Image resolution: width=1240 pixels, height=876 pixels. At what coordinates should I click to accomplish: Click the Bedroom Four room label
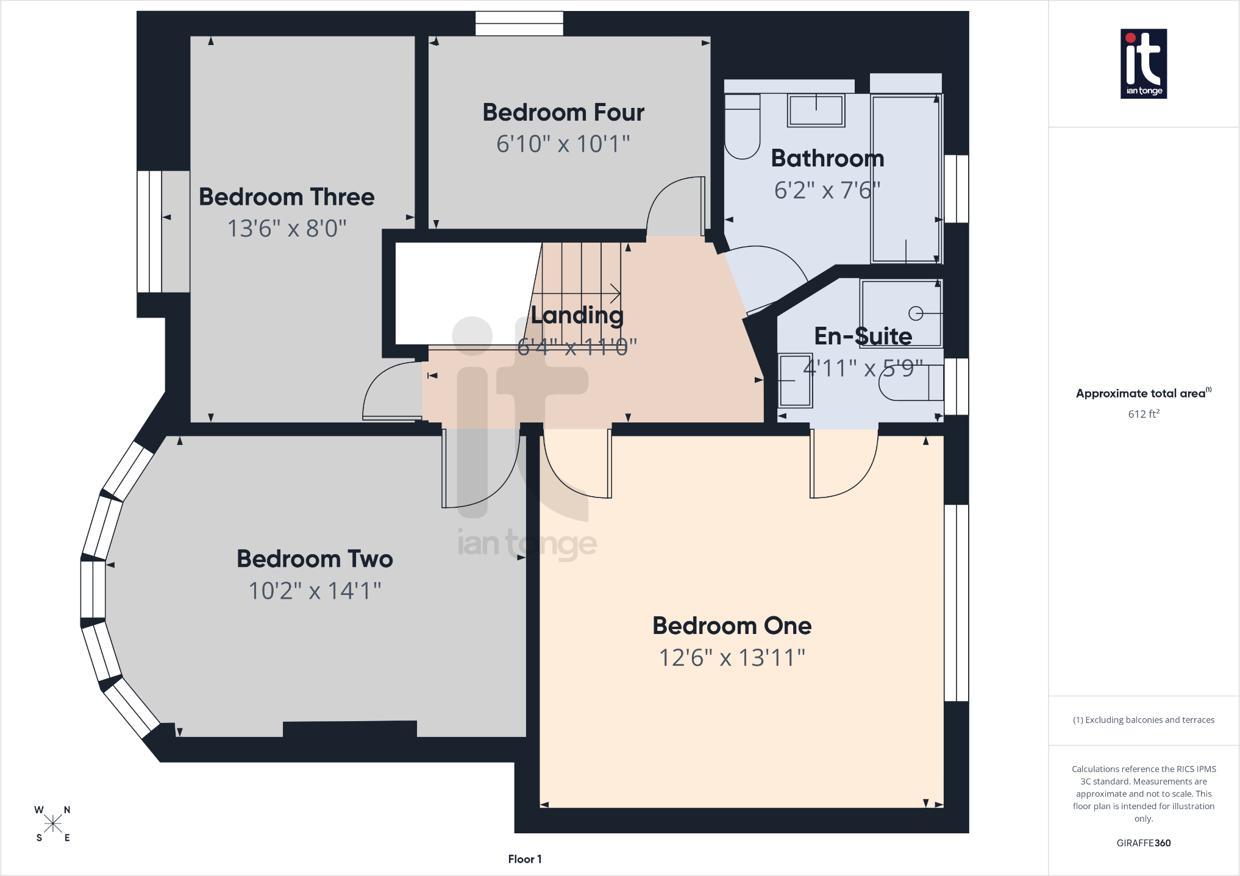563,113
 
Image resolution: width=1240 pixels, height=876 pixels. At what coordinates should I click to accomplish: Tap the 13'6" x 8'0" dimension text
287,229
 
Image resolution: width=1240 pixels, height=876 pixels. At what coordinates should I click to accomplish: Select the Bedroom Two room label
315,559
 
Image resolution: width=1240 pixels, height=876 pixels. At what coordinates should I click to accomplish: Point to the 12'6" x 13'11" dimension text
732,658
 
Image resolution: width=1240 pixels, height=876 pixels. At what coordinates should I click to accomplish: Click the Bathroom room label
827,158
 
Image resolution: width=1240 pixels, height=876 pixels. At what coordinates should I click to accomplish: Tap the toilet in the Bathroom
742,126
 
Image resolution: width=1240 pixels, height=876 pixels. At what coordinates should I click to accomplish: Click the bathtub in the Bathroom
906,179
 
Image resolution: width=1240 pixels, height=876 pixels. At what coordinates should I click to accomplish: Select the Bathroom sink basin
816,110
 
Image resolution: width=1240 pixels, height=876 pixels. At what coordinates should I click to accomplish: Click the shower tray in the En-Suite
901,313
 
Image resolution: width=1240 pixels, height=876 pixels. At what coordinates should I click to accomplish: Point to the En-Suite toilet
911,383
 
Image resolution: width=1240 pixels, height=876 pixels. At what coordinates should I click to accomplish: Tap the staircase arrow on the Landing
576,293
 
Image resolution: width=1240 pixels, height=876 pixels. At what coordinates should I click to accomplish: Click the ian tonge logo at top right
1144,64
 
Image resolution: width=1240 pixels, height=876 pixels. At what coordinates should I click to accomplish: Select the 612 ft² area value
1144,414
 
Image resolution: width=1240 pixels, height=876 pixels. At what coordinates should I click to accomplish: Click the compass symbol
53,824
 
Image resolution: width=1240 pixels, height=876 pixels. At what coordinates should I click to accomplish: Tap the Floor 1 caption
525,859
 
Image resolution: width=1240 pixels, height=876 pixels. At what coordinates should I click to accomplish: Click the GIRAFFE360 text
1144,843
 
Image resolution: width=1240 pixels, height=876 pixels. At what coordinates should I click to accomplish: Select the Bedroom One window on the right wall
957,603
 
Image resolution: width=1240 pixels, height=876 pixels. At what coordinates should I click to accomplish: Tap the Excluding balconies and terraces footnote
1144,720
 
